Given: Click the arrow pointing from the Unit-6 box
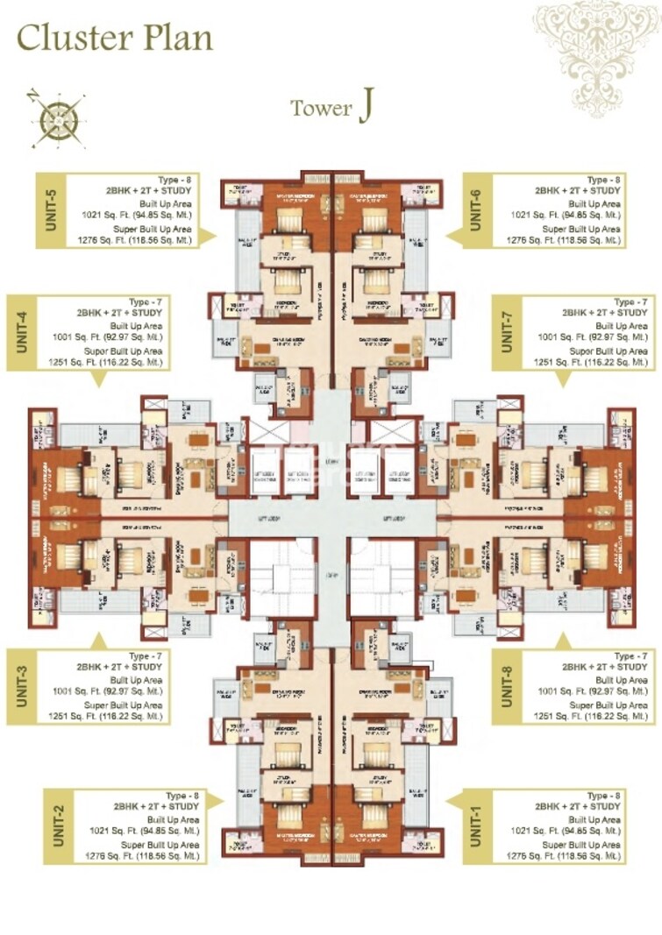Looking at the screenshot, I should (x=453, y=234).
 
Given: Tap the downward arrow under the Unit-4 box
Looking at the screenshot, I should (x=96, y=379).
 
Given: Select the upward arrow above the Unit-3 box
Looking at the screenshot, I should (x=96, y=641).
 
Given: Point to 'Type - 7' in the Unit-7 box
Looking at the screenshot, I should (x=630, y=301).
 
